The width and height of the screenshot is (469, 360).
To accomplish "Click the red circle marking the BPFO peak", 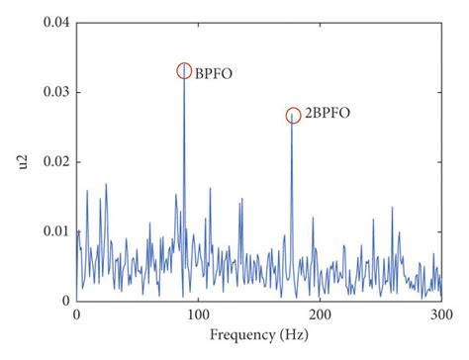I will coord(184,71).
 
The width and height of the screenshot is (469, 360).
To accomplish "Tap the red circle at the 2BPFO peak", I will coord(293,116).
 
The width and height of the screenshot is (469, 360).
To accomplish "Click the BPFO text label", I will coord(212,72).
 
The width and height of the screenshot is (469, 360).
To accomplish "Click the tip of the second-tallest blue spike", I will coord(293,118).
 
